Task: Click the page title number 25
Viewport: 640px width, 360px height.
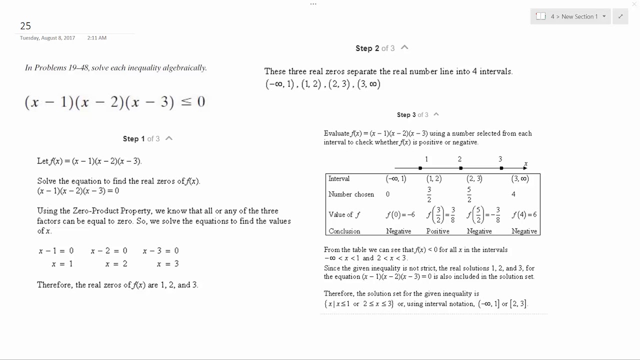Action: pos(25,26)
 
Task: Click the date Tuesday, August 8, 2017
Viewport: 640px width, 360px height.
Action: pos(47,38)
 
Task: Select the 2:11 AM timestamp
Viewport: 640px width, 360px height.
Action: pos(96,38)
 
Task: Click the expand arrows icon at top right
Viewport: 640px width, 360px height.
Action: pos(620,16)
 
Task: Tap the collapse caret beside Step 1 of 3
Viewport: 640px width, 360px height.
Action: pos(169,138)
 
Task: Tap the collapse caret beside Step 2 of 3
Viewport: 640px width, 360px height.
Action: pos(404,47)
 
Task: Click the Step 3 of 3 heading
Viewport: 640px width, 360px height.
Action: pos(412,115)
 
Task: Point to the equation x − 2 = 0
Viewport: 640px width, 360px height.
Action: pos(109,251)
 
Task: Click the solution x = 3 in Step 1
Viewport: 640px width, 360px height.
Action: pos(167,264)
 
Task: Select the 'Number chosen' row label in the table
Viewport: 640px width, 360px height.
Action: pos(351,194)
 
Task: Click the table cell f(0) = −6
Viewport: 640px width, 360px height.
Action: pos(400,215)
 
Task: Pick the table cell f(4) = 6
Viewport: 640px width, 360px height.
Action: pos(524,215)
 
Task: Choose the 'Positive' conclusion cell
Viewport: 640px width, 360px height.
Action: pos(437,231)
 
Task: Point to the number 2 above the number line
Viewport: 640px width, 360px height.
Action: pos(459,159)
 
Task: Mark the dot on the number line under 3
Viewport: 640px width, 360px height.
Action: pos(501,168)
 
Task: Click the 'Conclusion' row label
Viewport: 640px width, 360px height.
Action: pos(344,231)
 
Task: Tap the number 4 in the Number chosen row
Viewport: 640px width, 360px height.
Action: pos(513,194)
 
